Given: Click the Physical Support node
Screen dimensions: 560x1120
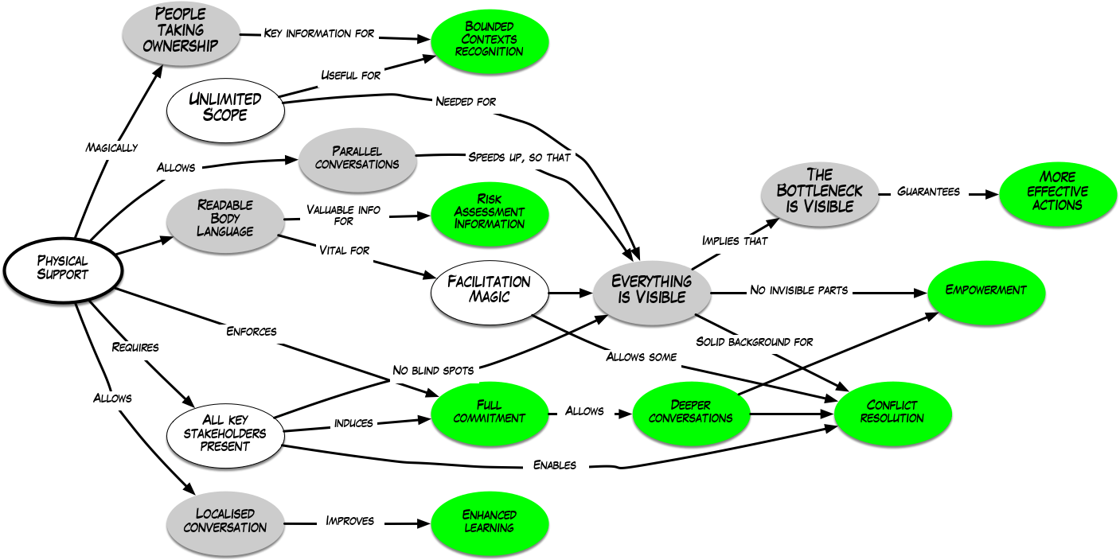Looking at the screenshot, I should click(x=63, y=268).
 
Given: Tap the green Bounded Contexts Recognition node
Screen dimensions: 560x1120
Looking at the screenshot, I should click(x=490, y=39).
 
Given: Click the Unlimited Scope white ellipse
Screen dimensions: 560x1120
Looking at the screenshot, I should click(x=224, y=107).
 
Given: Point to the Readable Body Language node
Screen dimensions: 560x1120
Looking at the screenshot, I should click(x=225, y=218).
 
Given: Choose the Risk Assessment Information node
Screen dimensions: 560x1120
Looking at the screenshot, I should click(x=490, y=211).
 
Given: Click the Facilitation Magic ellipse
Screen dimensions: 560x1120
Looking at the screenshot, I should click(x=490, y=289).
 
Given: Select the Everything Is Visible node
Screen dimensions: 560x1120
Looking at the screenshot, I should click(x=652, y=290).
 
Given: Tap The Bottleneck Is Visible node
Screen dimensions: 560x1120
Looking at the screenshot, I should click(x=819, y=192).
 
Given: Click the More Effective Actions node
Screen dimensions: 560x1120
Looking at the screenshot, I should click(x=1057, y=191).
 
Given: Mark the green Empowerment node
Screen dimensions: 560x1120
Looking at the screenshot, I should click(x=985, y=290).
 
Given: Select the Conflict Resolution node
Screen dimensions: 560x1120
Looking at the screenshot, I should click(x=892, y=411).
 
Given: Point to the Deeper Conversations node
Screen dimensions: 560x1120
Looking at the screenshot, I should click(x=691, y=412).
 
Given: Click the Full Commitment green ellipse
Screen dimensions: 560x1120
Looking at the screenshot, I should click(x=490, y=412).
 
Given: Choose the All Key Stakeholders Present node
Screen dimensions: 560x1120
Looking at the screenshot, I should click(x=226, y=434).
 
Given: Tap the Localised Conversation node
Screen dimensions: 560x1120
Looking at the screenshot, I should click(x=225, y=521).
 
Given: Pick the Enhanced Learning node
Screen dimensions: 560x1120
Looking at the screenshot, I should click(x=490, y=521).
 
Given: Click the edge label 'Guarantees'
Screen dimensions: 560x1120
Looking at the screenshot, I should click(x=928, y=192).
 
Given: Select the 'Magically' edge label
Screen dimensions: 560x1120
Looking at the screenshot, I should click(x=112, y=147).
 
